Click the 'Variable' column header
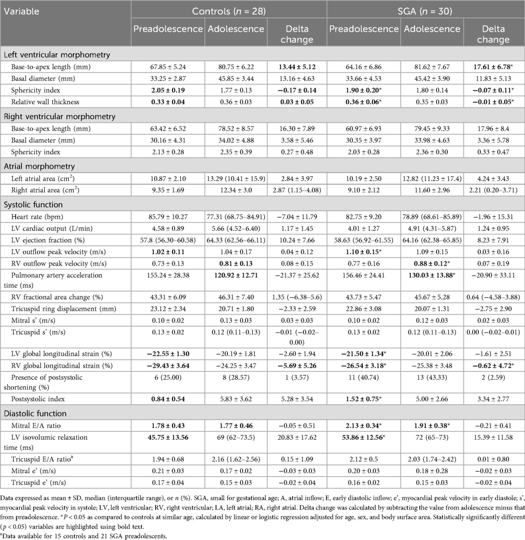[22, 11]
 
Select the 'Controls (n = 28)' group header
[228, 11]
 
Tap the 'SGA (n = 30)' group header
[426, 11]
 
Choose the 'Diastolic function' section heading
[35, 413]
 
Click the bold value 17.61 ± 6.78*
[493, 67]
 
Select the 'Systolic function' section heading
[33, 205]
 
